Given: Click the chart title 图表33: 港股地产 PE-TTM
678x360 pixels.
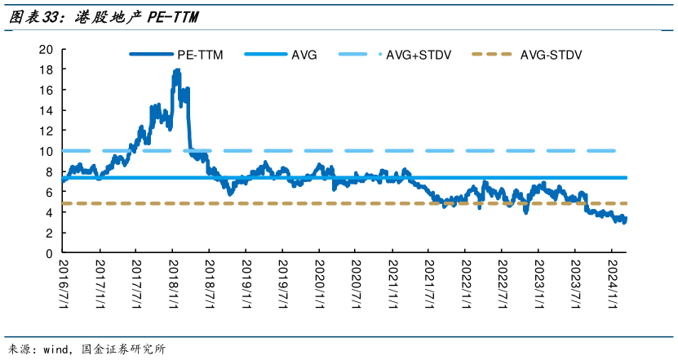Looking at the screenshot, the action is pos(104,17).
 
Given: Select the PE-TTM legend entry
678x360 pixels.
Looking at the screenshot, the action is pos(176,55).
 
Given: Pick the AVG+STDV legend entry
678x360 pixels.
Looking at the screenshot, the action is pos(395,55).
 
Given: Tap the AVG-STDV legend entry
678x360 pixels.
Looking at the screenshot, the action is pos(527,55).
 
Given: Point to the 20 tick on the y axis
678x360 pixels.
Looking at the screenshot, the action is pos(46,49).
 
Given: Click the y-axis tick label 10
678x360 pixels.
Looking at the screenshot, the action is pos(46,152).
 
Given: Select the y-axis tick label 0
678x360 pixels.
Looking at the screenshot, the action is pos(49,254).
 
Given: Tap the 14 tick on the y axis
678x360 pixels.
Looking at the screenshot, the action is pos(46,111).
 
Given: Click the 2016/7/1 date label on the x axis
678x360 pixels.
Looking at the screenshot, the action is pos(64,284).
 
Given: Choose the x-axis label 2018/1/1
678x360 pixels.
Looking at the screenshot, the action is pos(174,284).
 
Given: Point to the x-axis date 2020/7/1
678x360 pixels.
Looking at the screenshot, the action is pos(357,284).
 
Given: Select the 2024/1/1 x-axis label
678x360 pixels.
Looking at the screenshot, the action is pos(614,284).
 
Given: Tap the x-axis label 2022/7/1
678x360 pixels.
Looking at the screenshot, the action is pos(503,284).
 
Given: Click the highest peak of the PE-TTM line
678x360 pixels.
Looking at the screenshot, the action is pos(177,70).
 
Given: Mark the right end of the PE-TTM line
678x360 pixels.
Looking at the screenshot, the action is pos(625,219).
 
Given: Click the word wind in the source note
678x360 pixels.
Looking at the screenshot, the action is pos(55,349).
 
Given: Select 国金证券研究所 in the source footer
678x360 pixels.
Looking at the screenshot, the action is pos(124,349).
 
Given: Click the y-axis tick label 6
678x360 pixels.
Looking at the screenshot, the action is pos(49,192).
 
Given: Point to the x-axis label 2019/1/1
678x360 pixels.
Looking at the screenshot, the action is pos(247,284).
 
